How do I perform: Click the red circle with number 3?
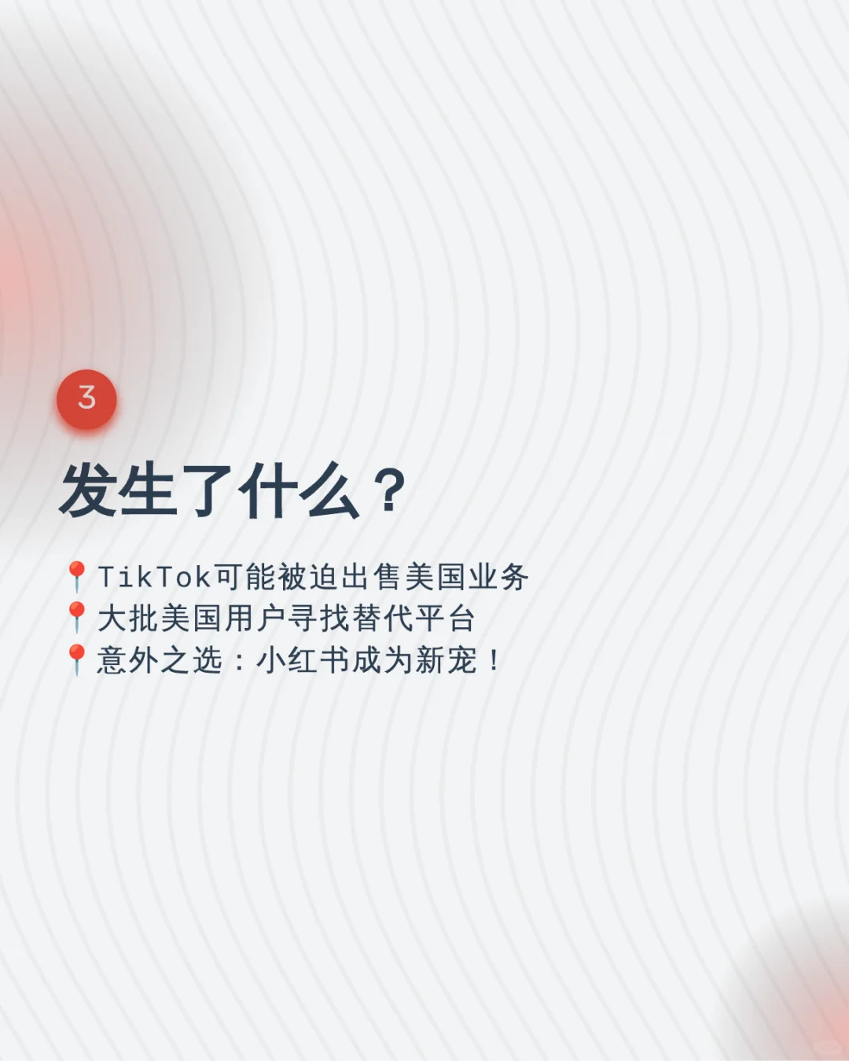tap(86, 399)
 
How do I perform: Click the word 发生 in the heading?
tap(118, 490)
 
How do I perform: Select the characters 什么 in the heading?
tap(299, 490)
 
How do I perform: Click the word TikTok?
tap(154, 577)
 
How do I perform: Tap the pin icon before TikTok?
tap(76, 576)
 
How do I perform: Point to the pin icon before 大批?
tap(76, 617)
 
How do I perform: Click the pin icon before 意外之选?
tap(76, 659)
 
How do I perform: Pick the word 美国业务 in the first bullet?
tap(467, 577)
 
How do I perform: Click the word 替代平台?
tap(413, 619)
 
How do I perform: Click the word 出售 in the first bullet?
tap(372, 577)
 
